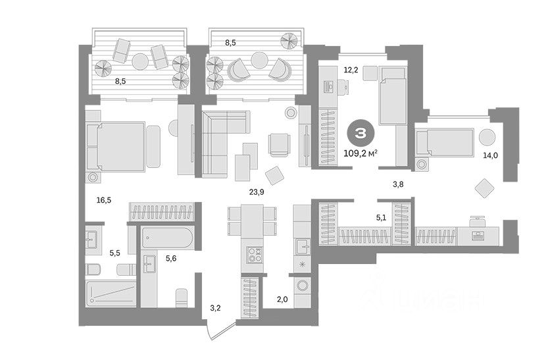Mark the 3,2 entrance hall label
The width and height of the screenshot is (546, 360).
215,307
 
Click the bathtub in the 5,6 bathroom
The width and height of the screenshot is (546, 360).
166,238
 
